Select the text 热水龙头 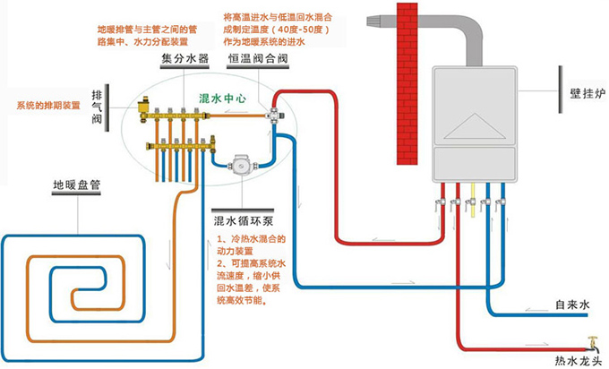575,361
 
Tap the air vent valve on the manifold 144,104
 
